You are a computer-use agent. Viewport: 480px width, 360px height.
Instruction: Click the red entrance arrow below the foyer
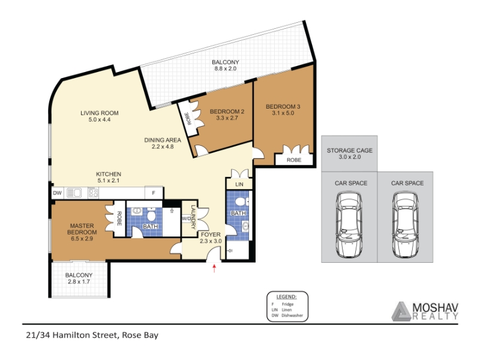pos(214,268)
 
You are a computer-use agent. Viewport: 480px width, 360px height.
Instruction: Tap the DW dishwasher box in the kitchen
pos(57,193)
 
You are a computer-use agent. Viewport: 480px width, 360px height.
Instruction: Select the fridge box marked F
pos(154,193)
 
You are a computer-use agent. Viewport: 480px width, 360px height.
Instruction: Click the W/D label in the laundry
pos(186,218)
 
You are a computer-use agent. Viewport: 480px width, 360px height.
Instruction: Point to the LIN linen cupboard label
pos(239,184)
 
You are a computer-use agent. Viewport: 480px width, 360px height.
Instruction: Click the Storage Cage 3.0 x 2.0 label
pos(350,154)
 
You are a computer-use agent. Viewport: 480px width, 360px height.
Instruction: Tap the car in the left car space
pos(349,224)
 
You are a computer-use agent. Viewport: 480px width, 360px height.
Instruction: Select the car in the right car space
pos(406,224)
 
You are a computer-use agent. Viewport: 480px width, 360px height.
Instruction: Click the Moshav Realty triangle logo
pos(401,311)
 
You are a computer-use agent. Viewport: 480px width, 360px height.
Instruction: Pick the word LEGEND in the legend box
pos(286,296)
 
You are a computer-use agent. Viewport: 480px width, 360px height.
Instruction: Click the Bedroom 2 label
pos(227,112)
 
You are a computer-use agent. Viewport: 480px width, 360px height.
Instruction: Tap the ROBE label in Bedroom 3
pos(294,160)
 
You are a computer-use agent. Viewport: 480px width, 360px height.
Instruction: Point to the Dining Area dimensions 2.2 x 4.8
pos(163,146)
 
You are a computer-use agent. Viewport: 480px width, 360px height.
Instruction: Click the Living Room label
pos(100,113)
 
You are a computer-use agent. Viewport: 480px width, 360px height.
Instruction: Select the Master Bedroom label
pos(82,229)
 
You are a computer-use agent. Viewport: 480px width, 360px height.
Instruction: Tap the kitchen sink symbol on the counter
pos(74,193)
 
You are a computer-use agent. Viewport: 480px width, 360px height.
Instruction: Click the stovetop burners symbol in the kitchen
pos(93,193)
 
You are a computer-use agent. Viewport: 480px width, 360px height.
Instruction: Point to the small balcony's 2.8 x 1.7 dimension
pos(79,281)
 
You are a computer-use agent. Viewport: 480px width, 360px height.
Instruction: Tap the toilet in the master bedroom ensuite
pos(151,215)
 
